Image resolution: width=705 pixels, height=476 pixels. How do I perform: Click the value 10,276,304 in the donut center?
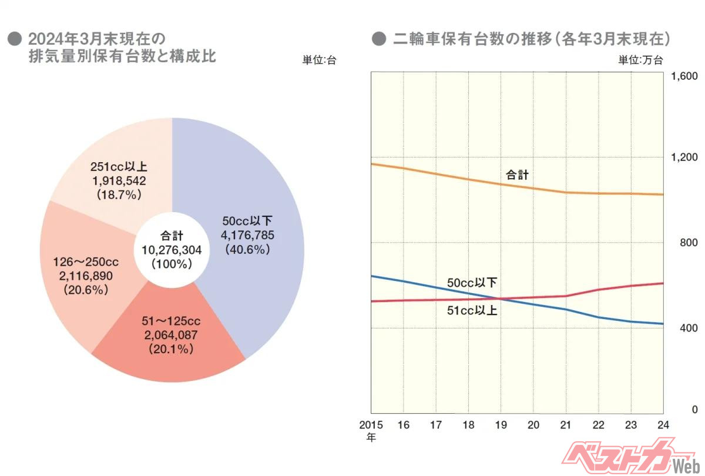coord(172,250)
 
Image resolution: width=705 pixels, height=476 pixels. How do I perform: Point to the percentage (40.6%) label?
coord(247,250)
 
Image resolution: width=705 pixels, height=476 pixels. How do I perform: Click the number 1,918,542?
coord(118,180)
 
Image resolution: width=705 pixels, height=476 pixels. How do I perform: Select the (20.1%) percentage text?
coord(170,349)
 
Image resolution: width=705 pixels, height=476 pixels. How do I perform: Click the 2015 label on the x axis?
coord(371,424)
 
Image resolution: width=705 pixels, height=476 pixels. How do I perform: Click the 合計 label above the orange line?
coord(518,175)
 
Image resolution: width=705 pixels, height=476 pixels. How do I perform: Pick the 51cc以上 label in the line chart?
coord(472,310)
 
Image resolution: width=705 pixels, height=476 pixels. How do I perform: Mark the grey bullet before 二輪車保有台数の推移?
coord(379,39)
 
